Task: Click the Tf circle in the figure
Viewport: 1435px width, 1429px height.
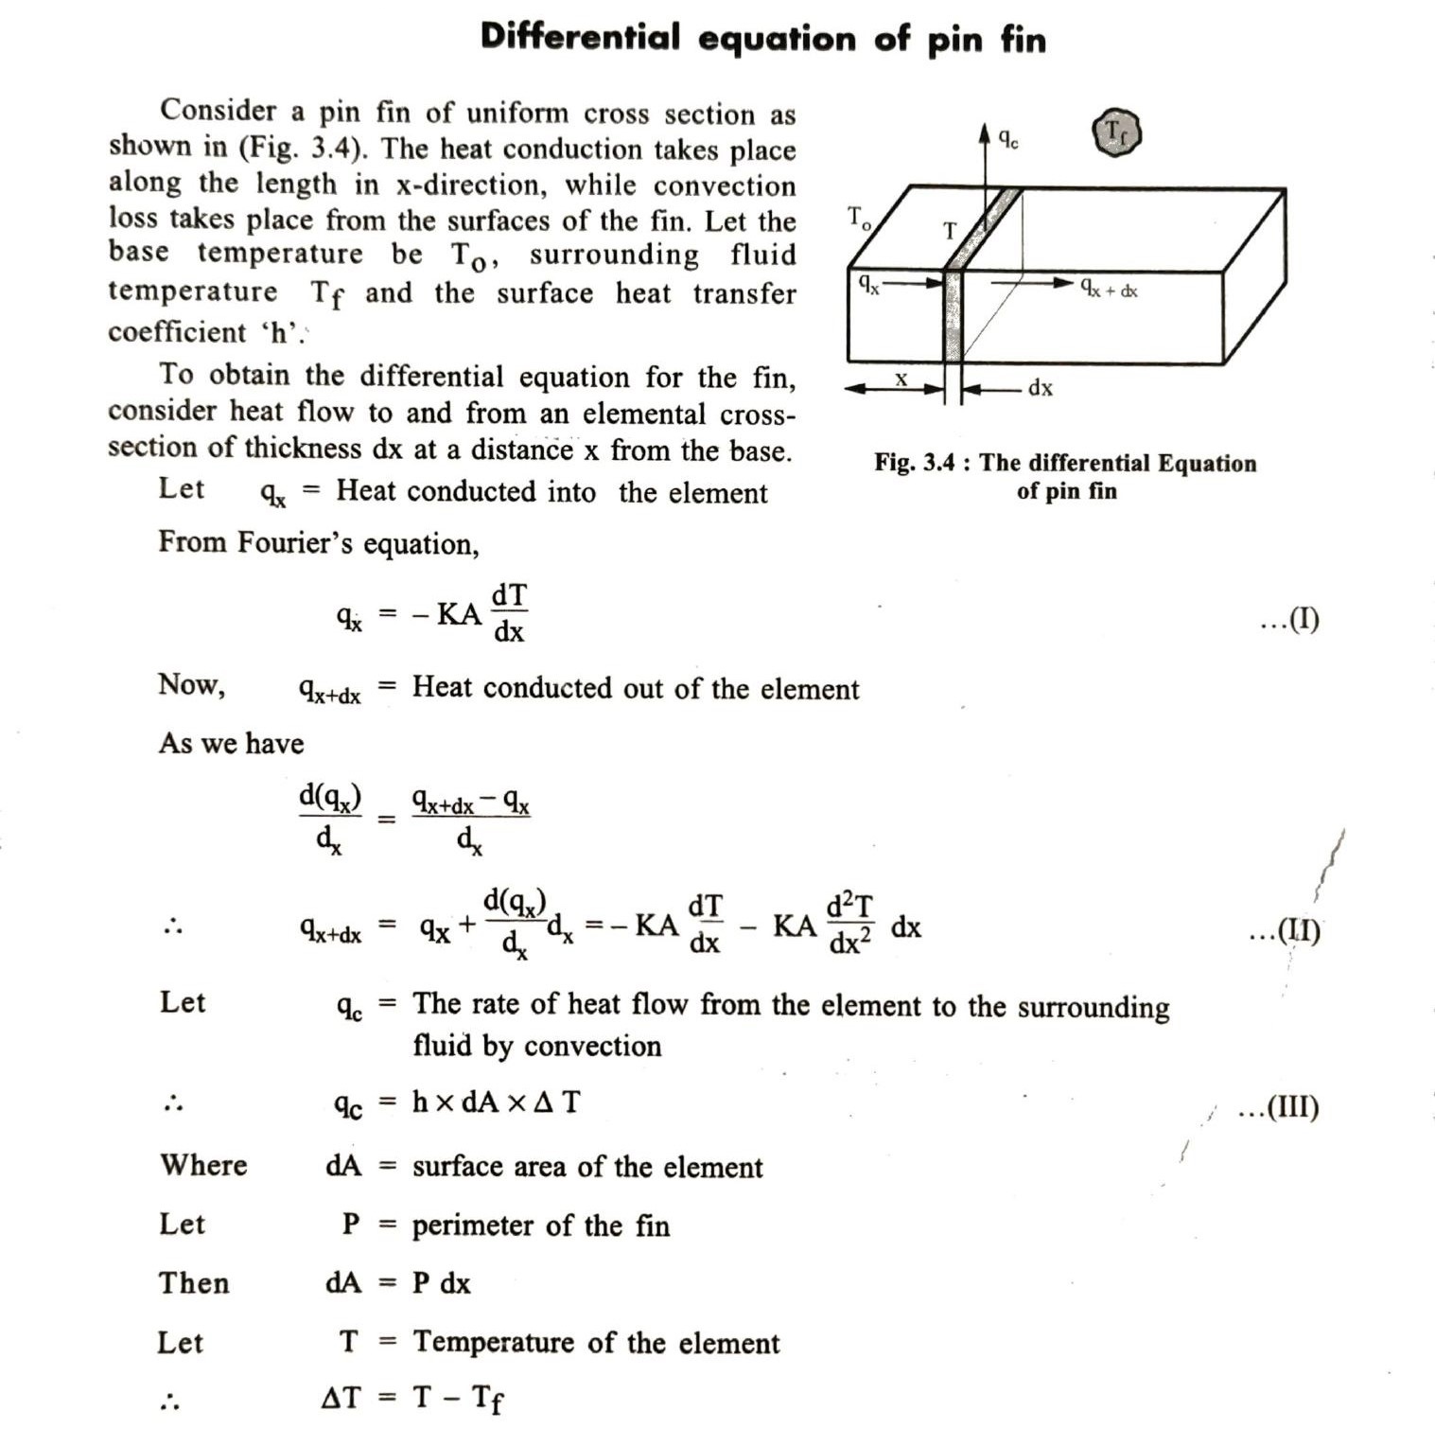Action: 1117,132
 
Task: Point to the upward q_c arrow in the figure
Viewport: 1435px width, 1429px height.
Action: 985,166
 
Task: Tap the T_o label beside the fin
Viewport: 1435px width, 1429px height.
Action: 859,219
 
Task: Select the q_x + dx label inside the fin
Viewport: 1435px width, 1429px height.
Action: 1108,289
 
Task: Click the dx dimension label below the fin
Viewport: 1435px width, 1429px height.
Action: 1041,387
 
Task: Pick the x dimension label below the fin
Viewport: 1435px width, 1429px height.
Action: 901,380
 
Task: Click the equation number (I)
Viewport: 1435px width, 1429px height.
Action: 1290,621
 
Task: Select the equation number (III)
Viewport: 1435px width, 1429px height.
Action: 1279,1106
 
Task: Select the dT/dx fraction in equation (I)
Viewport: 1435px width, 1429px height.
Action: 509,613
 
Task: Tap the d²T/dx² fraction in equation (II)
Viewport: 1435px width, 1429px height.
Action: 850,925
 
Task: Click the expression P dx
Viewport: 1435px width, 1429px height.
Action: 441,1283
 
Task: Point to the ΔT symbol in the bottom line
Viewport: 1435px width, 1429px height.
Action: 341,1397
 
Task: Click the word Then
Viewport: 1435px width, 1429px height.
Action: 194,1283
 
